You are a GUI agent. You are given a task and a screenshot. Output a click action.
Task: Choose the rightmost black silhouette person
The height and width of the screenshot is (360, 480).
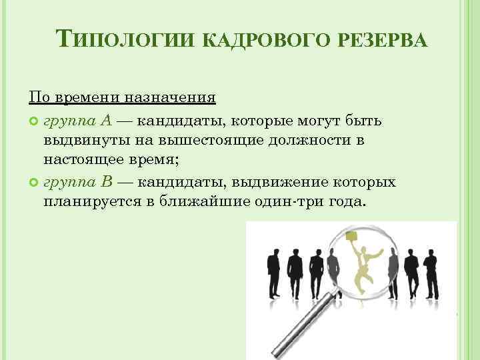click(433, 273)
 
